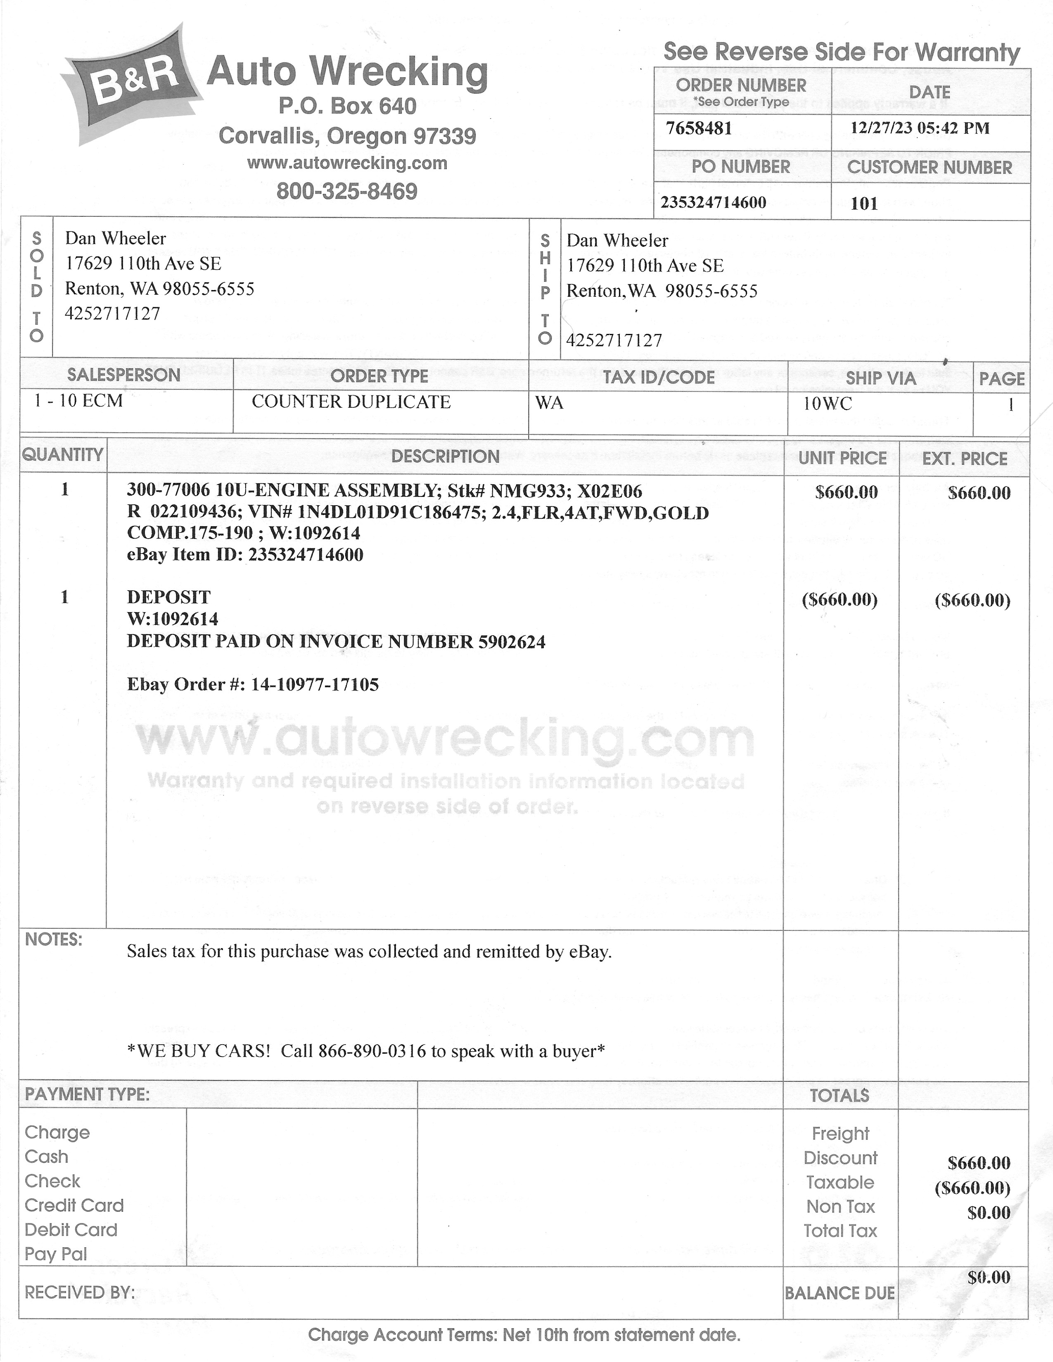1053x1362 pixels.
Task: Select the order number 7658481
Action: [x=699, y=128]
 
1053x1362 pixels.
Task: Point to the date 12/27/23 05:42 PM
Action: [x=920, y=128]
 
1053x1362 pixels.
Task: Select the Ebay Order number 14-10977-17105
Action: [x=314, y=685]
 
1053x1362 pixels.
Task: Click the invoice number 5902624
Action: [x=512, y=642]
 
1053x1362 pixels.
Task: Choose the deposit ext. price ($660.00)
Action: [x=972, y=601]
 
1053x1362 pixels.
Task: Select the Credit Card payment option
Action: [x=74, y=1206]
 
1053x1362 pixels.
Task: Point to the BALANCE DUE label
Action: [x=840, y=1293]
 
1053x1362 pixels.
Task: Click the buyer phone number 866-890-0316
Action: [x=372, y=1052]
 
